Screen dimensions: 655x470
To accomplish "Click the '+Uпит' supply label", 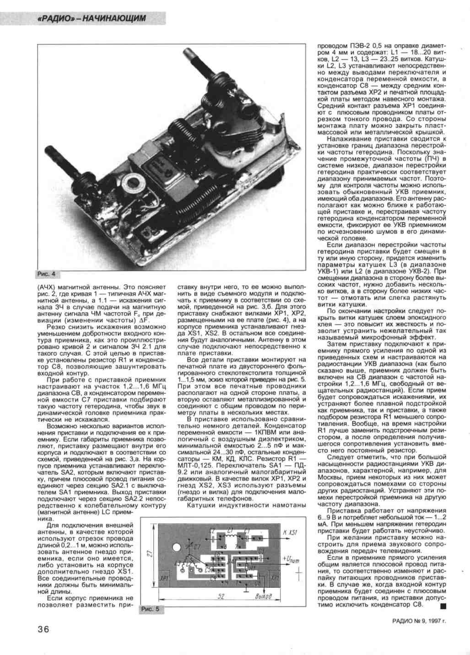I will [x=292, y=559].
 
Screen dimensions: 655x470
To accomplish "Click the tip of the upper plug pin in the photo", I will [x=188, y=52].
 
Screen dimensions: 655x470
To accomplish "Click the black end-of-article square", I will [x=443, y=606].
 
